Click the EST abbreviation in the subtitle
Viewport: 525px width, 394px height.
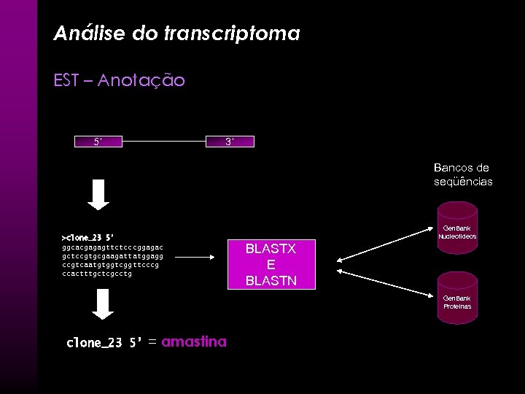[66, 80]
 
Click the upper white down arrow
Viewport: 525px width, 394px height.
[104, 193]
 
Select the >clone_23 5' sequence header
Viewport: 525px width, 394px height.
[88, 237]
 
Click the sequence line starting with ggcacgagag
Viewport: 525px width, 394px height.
[112, 247]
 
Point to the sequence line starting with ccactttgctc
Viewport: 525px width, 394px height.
[97, 274]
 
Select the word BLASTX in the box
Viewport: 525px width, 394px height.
[271, 249]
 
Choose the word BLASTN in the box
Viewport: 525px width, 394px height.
[271, 279]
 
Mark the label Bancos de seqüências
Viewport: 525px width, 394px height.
[462, 175]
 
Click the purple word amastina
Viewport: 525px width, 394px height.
[194, 341]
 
